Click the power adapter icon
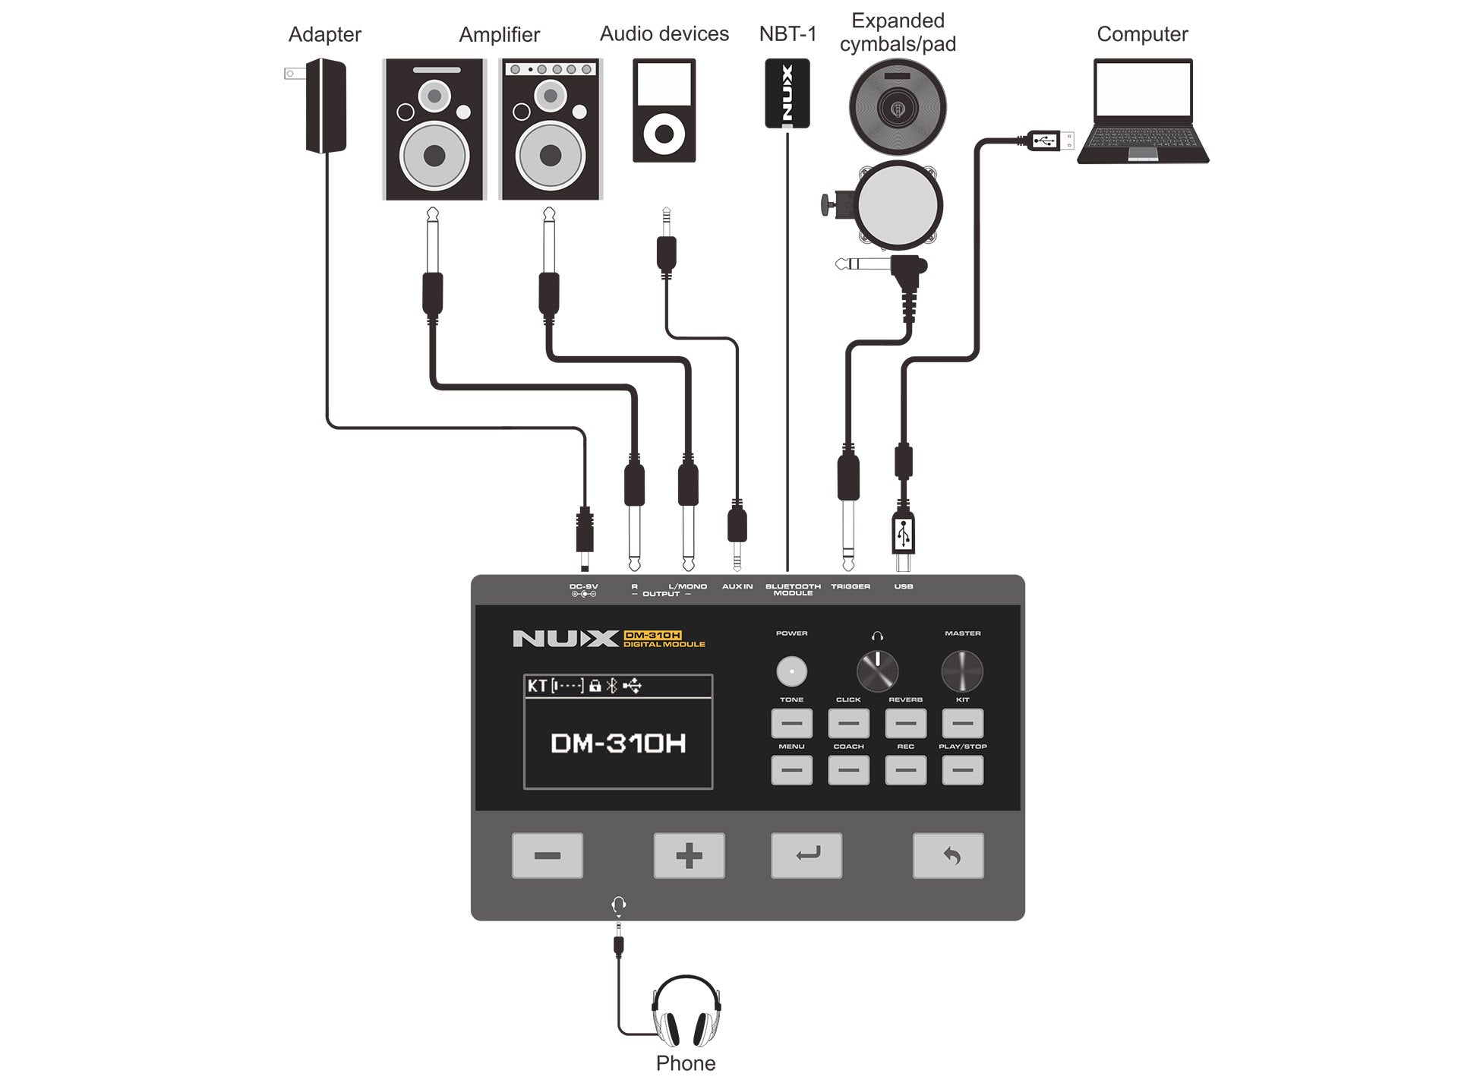pyautogui.click(x=325, y=106)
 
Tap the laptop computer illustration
pyautogui.click(x=1143, y=111)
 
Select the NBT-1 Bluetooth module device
pyautogui.click(x=787, y=93)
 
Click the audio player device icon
pyautogui.click(x=664, y=110)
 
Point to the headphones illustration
pyautogui.click(x=686, y=1012)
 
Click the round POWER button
pyautogui.click(x=791, y=671)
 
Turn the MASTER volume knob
pyautogui.click(x=962, y=671)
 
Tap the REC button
pyautogui.click(x=905, y=770)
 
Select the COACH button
pyautogui.click(x=848, y=770)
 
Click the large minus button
pyautogui.click(x=547, y=856)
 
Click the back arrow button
pyautogui.click(x=948, y=856)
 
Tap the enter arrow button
pyautogui.click(x=806, y=856)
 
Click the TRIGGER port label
pyautogui.click(x=850, y=586)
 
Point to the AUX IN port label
pyautogui.click(x=737, y=586)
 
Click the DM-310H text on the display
pyautogui.click(x=618, y=743)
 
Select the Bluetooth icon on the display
pyautogui.click(x=612, y=686)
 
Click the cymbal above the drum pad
pyautogui.click(x=898, y=107)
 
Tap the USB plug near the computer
pyautogui.click(x=1049, y=141)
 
